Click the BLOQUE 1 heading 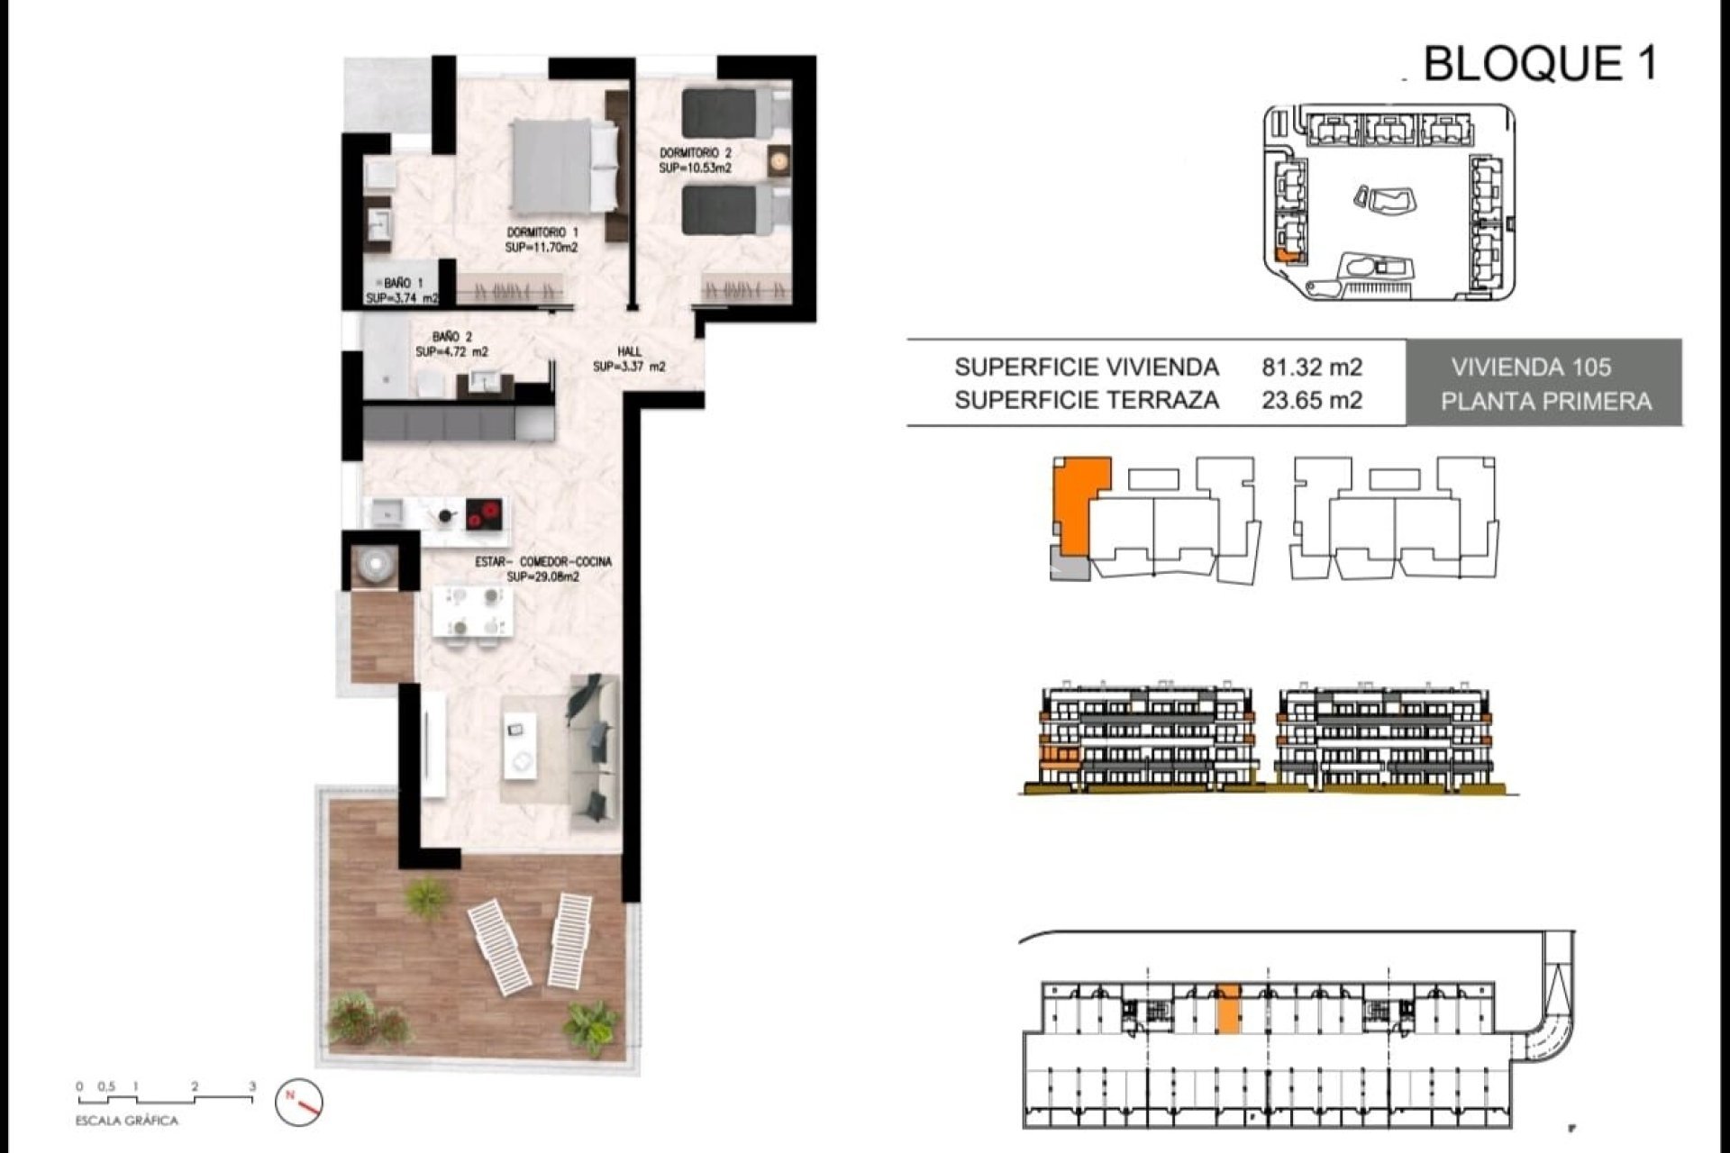click(x=1539, y=64)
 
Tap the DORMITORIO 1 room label click(x=542, y=240)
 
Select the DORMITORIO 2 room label click(x=695, y=160)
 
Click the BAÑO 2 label click(x=451, y=344)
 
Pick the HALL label click(x=629, y=359)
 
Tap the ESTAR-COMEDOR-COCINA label click(x=543, y=568)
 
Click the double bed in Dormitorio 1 click(x=564, y=166)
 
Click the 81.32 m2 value click(x=1311, y=368)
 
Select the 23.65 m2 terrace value click(x=1311, y=400)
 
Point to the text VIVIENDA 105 click(x=1531, y=368)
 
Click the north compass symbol click(x=300, y=1102)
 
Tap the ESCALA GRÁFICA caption click(x=127, y=1121)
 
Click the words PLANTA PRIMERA click(x=1545, y=402)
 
